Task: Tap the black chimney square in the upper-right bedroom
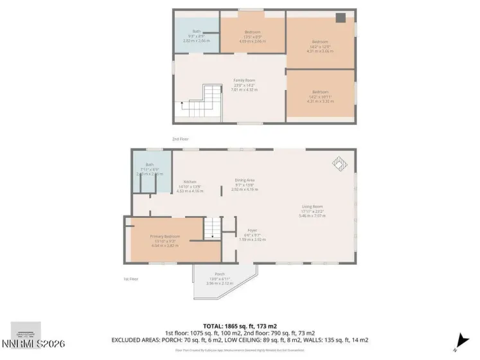pyautogui.click(x=341, y=18)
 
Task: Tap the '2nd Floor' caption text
pyautogui.click(x=181, y=139)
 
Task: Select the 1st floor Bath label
pyautogui.click(x=150, y=165)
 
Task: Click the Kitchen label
pyautogui.click(x=189, y=182)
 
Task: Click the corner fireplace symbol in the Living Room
pyautogui.click(x=339, y=164)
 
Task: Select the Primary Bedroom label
pyautogui.click(x=165, y=237)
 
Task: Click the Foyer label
pyautogui.click(x=252, y=230)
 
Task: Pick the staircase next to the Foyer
pyautogui.click(x=212, y=228)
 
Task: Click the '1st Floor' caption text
pyautogui.click(x=130, y=278)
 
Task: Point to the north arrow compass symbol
pyautogui.click(x=458, y=340)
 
